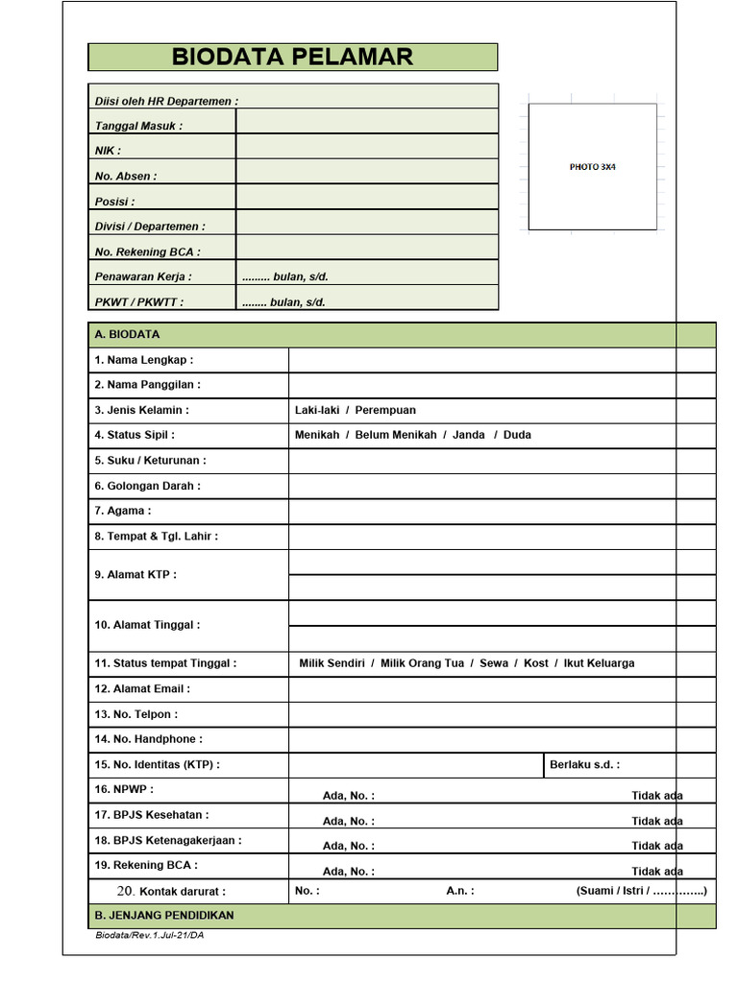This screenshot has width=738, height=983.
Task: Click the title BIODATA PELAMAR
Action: click(x=292, y=57)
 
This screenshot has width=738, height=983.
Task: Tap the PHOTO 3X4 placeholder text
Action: click(x=592, y=167)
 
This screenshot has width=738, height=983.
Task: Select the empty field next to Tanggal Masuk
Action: click(x=366, y=122)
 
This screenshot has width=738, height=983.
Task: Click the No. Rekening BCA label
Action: click(x=148, y=252)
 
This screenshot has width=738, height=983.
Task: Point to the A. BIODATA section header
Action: click(x=128, y=335)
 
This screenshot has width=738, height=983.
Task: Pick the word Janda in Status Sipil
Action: click(x=469, y=435)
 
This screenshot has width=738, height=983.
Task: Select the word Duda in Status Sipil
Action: click(x=517, y=435)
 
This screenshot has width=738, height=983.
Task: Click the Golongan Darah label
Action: click(x=148, y=486)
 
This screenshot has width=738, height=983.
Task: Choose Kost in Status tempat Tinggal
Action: click(x=536, y=663)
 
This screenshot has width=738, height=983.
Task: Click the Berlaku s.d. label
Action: click(x=584, y=765)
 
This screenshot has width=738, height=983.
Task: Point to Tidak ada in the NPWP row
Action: click(x=657, y=796)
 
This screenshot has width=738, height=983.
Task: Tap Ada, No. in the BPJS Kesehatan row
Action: click(x=349, y=821)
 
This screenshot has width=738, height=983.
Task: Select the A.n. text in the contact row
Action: click(x=459, y=891)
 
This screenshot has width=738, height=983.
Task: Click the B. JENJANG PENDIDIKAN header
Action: click(x=164, y=916)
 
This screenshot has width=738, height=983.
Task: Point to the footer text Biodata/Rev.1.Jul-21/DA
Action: click(x=149, y=936)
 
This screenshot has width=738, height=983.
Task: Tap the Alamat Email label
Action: click(x=142, y=689)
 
